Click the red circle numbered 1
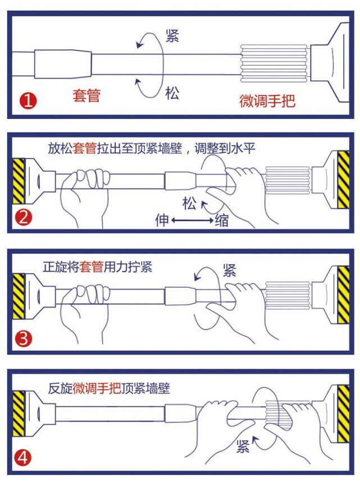point(29,102)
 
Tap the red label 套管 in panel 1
point(86,95)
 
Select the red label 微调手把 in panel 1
point(267,101)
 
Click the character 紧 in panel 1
point(172,36)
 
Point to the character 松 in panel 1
point(172,93)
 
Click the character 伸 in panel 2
point(162,221)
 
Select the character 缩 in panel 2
point(222,221)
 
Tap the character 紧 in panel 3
point(229,271)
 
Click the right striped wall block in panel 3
point(342,295)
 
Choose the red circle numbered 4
point(23,459)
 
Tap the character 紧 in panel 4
point(243,447)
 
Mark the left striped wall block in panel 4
point(19,414)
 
